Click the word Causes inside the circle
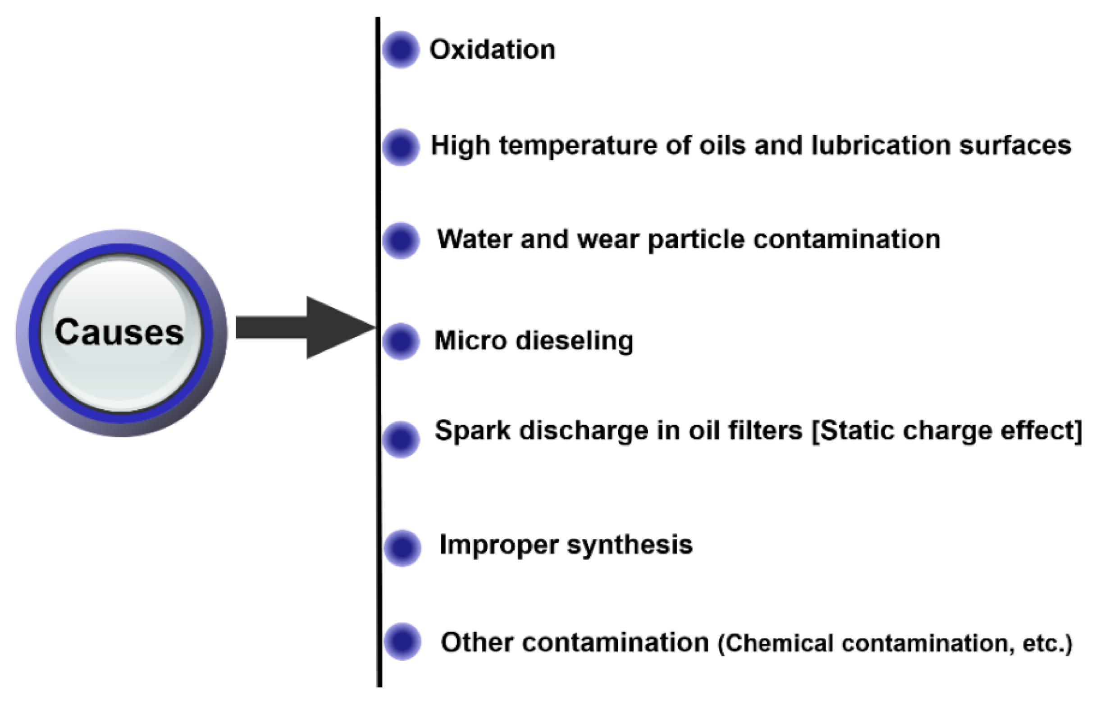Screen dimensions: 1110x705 coord(119,333)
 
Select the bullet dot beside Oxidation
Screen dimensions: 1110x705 coord(401,49)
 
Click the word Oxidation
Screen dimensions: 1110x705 coord(492,49)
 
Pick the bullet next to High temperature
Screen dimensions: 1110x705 coord(401,146)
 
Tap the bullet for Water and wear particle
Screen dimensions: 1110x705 coord(401,240)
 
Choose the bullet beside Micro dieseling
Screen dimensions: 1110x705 coord(401,341)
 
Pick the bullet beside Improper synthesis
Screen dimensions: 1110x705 coord(402,547)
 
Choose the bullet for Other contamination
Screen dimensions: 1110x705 coord(402,641)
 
